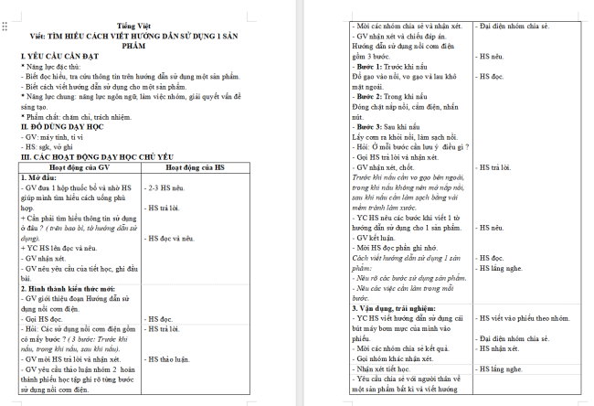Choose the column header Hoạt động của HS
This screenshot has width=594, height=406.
(194, 168)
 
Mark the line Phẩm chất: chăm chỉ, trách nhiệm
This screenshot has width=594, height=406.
(78, 118)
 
